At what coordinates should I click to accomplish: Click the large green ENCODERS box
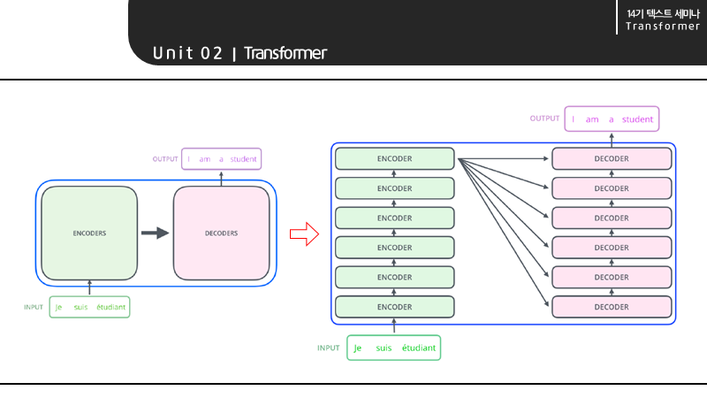pyautogui.click(x=89, y=233)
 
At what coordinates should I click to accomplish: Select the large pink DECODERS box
pyautogui.click(x=221, y=233)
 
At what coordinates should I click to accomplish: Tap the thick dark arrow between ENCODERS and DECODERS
pyautogui.click(x=155, y=233)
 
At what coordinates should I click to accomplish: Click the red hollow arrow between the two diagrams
pyautogui.click(x=303, y=234)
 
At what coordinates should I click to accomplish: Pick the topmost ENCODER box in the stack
pyautogui.click(x=394, y=158)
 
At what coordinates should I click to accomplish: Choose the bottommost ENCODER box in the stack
pyautogui.click(x=394, y=307)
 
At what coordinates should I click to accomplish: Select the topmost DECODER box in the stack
pyautogui.click(x=612, y=158)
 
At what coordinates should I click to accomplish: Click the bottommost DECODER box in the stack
pyautogui.click(x=612, y=307)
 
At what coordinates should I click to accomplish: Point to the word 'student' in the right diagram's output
pyautogui.click(x=637, y=119)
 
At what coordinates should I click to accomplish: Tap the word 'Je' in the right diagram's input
pyautogui.click(x=358, y=348)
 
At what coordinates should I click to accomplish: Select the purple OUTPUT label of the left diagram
pyautogui.click(x=165, y=159)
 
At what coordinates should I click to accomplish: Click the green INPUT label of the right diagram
pyautogui.click(x=329, y=348)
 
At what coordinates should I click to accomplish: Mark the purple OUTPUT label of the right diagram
pyautogui.click(x=544, y=119)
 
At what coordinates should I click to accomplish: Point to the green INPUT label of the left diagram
pyautogui.click(x=34, y=308)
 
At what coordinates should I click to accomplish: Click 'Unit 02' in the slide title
pyautogui.click(x=187, y=53)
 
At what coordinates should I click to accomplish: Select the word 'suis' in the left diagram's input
pyautogui.click(x=81, y=308)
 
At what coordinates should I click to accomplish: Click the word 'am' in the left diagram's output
pyautogui.click(x=205, y=159)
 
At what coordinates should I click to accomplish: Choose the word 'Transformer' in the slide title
pyautogui.click(x=285, y=53)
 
